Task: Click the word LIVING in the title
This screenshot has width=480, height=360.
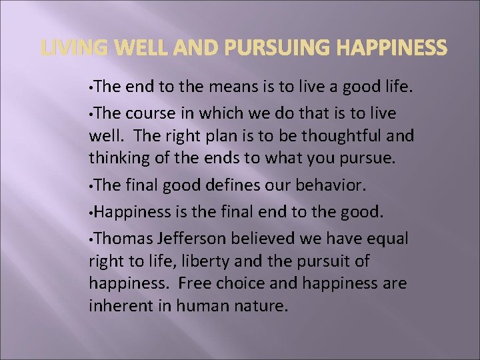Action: click(68, 47)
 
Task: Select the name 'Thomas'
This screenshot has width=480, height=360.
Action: click(121, 239)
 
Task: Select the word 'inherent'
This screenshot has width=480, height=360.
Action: click(115, 307)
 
